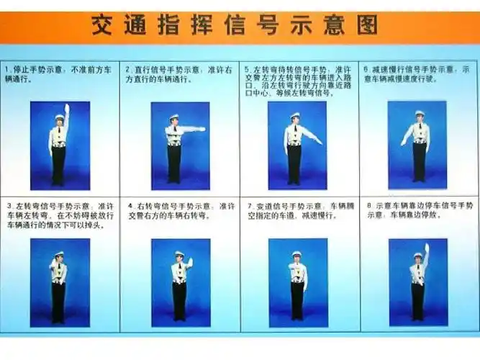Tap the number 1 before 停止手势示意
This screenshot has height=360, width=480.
coord(6,70)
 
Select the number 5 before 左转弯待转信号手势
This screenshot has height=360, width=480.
coord(247,70)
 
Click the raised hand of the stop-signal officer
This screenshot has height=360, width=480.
coord(67,108)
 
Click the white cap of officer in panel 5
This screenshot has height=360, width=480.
coord(295,115)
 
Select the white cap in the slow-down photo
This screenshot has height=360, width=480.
coord(419,113)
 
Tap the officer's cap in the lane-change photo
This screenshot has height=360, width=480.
coord(296,253)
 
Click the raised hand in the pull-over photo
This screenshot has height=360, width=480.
coord(426,248)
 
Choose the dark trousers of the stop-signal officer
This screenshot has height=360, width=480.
coord(58,166)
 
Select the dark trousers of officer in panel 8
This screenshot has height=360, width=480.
coord(418,301)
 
